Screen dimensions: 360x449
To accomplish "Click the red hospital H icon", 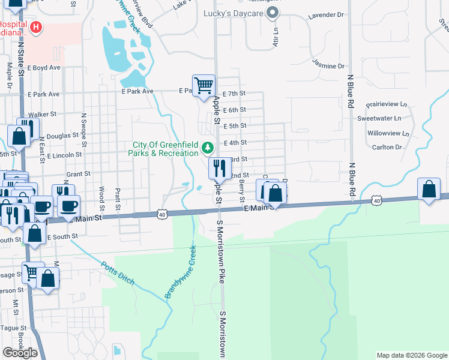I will pyautogui.click(x=36, y=27).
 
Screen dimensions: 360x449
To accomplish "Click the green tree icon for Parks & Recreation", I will pyautogui.click(x=208, y=147).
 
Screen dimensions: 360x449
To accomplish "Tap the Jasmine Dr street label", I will pyautogui.click(x=328, y=66).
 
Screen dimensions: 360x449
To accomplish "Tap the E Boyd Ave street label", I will pyautogui.click(x=44, y=68).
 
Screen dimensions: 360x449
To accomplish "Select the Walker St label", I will pyautogui.click(x=42, y=113).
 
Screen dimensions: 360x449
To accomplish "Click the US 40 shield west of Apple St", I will pyautogui.click(x=163, y=214).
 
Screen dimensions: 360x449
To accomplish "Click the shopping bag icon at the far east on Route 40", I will pyautogui.click(x=429, y=190).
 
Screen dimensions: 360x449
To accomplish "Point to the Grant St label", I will pyautogui.click(x=78, y=173).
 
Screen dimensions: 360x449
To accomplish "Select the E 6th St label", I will pyautogui.click(x=235, y=110).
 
